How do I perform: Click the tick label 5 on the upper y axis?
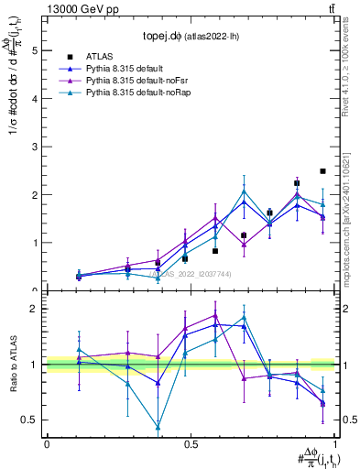point(35,51)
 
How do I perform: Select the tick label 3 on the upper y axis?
point(35,147)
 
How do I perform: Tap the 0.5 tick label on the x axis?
point(190,444)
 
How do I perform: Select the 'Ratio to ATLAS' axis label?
point(12,364)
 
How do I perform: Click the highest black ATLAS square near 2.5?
point(322,171)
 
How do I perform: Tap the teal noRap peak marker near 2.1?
point(244,191)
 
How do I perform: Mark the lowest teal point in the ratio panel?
point(158,427)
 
